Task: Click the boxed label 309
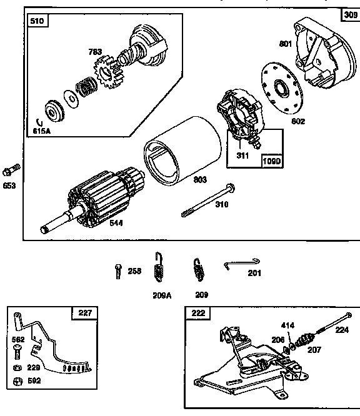[x=350, y=14]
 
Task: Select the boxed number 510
[x=37, y=22]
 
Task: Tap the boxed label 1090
[x=272, y=160]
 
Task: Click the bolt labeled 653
[x=12, y=169]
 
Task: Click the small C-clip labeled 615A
[x=39, y=122]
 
